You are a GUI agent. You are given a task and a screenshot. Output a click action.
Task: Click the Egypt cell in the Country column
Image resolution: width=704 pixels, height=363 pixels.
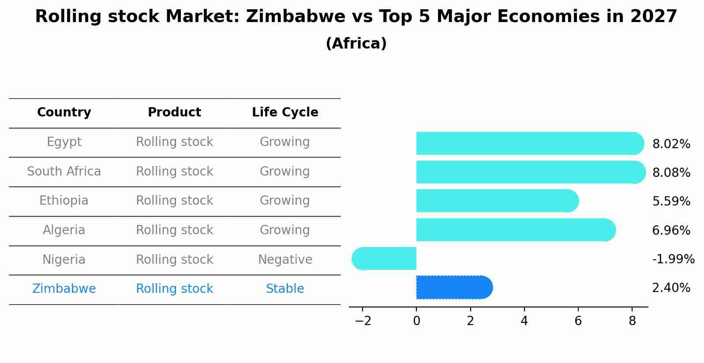64,142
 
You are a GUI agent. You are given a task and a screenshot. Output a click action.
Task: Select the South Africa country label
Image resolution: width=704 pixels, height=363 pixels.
64,172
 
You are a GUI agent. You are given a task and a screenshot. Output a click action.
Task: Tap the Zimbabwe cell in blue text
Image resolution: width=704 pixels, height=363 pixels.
64,289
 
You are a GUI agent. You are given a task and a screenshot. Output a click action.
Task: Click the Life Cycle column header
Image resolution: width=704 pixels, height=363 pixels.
285,112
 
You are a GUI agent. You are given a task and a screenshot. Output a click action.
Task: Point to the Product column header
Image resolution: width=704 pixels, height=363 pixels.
174,112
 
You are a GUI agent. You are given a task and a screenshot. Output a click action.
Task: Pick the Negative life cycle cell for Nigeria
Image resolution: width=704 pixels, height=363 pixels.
285,260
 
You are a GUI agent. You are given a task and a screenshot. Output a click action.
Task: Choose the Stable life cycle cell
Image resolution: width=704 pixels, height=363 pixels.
285,289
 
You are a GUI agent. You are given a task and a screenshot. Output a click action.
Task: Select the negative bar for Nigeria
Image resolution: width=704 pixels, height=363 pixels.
384,258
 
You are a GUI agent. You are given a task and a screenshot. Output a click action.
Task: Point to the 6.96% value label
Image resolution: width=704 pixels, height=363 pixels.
671,230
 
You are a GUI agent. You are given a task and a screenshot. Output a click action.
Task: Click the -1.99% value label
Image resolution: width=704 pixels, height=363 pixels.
673,259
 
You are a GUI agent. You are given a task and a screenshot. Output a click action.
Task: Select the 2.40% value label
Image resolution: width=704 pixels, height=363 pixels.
671,288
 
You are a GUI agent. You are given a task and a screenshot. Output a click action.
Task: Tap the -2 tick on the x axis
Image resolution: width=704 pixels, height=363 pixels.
363,321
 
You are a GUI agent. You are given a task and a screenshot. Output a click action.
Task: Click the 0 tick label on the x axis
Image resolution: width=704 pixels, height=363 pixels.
416,321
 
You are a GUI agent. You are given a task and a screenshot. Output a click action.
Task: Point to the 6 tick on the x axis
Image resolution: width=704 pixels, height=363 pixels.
578,321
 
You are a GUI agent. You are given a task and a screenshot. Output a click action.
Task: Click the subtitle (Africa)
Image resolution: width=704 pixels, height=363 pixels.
356,44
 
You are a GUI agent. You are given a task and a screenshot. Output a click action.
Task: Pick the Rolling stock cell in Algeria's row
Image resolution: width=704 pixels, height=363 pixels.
174,230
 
